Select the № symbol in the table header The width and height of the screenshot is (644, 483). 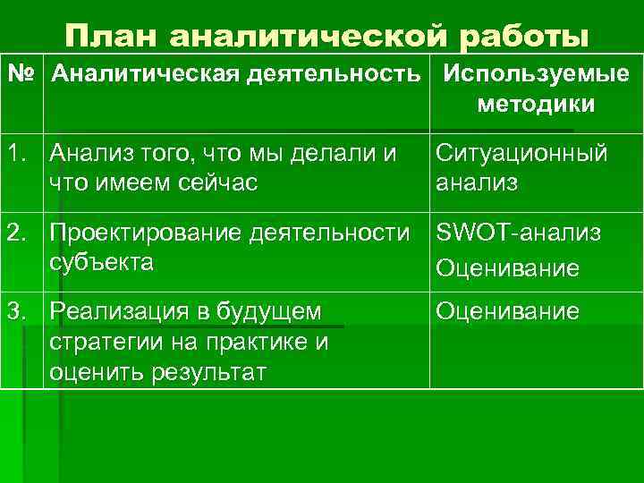coord(21,76)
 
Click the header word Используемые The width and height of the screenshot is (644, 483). coord(534,76)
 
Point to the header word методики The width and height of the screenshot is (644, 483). coord(535,105)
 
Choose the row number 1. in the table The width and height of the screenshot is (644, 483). coord(21,153)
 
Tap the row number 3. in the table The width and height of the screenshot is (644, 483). coord(21,312)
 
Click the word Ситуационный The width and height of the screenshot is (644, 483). coord(521,153)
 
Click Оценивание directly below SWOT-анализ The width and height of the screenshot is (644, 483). coord(507,267)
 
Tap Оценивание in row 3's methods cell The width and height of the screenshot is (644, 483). coord(507,312)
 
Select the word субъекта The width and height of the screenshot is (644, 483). coord(102,263)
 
